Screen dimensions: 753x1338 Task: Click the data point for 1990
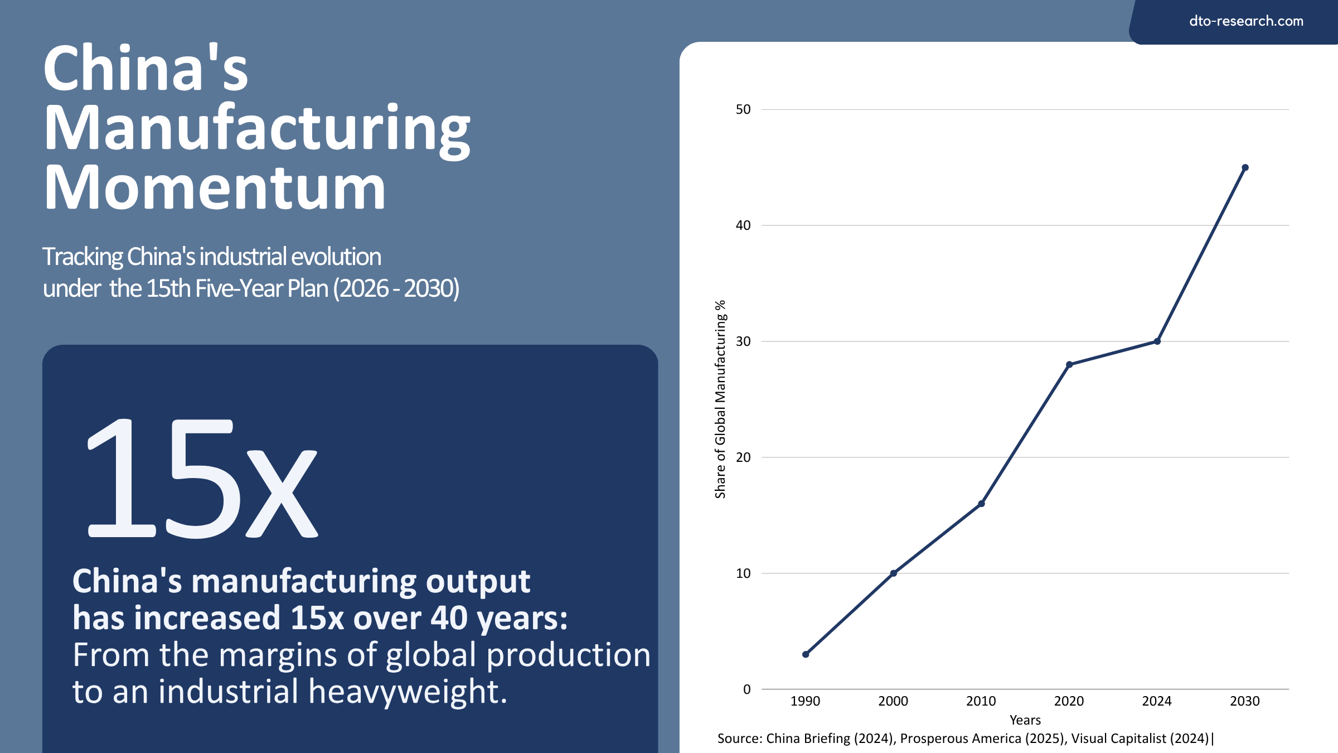click(806, 654)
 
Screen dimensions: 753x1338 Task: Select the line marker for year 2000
click(893, 573)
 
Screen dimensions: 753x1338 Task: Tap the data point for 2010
click(981, 504)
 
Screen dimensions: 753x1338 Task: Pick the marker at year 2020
click(1069, 365)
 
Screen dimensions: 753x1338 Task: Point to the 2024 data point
click(1157, 341)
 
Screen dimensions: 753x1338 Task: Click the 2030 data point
click(1245, 167)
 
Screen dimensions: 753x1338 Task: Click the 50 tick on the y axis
click(743, 109)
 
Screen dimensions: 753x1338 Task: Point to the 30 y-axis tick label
click(743, 341)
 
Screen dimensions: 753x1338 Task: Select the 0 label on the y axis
click(747, 689)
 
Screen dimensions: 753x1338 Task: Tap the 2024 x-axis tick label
click(1157, 702)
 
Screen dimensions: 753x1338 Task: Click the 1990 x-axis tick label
click(805, 702)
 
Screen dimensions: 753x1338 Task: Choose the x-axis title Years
click(1025, 720)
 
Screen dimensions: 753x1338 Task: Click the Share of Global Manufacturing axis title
click(720, 399)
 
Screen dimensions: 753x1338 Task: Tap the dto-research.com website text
click(1246, 21)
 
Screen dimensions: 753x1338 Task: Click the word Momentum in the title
click(215, 189)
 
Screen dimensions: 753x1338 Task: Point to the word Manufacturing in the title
click(256, 128)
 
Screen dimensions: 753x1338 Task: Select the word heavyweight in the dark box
click(407, 692)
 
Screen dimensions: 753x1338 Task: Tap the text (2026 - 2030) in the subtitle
click(396, 288)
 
